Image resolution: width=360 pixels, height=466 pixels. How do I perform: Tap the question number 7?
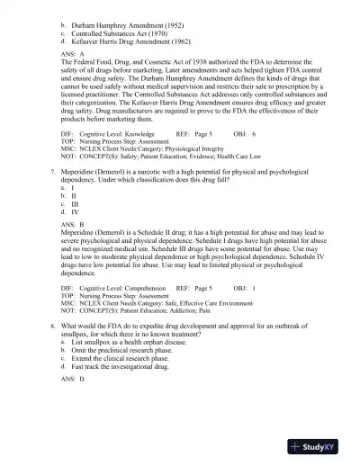click(x=54, y=169)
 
